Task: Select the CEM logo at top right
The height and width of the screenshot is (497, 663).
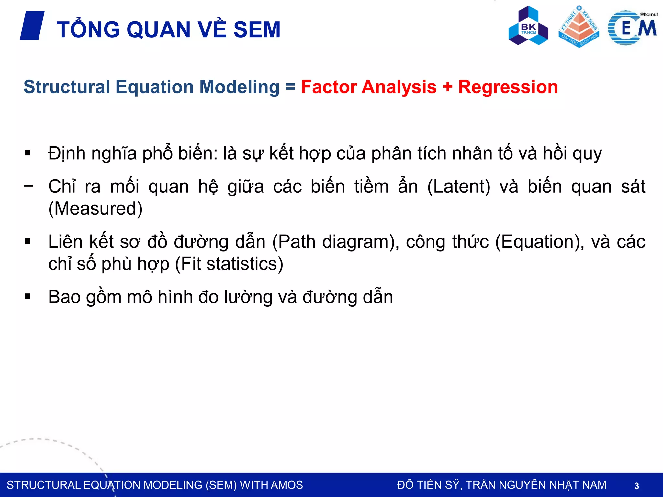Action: tap(632, 28)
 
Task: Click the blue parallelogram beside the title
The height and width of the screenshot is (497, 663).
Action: tap(32, 26)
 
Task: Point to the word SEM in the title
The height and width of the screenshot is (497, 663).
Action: tap(257, 30)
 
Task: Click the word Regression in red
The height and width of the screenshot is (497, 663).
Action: tap(508, 87)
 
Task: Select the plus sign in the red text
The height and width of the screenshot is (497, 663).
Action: tap(447, 87)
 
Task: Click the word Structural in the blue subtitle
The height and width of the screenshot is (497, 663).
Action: tap(67, 87)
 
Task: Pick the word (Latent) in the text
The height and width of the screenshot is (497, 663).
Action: tap(459, 187)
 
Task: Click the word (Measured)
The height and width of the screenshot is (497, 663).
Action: tap(95, 208)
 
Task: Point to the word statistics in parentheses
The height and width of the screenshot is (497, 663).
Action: tap(244, 264)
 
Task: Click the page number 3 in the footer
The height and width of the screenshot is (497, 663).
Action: tap(636, 486)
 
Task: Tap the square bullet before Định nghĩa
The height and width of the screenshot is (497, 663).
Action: tap(28, 153)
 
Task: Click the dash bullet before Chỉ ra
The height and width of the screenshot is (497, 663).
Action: tap(28, 186)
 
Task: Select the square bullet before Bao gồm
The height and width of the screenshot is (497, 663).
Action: tap(28, 296)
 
